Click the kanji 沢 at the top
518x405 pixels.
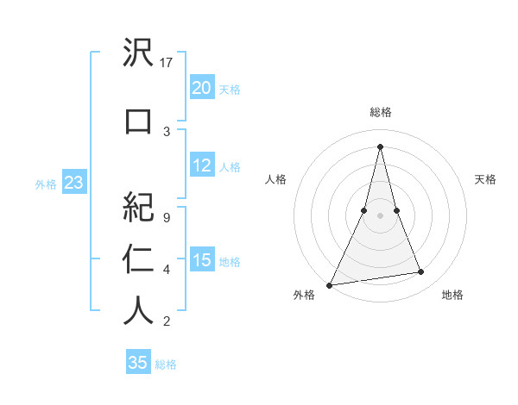coord(138,55)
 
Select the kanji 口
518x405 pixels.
coord(138,121)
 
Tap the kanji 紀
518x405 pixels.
coord(138,207)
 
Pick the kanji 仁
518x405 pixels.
coord(138,258)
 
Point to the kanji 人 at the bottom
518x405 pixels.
coord(138,310)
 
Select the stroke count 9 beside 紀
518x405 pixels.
coord(166,218)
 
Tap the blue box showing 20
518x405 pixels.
coord(201,88)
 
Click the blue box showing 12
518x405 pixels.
coord(201,166)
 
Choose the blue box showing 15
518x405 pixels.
coord(201,260)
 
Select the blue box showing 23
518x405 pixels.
coord(73,184)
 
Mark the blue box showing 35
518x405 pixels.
coord(138,363)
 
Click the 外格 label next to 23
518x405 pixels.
coord(46,184)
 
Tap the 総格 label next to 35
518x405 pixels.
coord(166,364)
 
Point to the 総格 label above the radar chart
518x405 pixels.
coord(380,112)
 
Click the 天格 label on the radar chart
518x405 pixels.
coord(486,179)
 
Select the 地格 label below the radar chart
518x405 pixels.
coord(452,295)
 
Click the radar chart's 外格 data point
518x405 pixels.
coord(329,284)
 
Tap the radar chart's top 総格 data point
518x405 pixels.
coord(380,146)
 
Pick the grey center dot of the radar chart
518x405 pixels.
coord(380,216)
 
